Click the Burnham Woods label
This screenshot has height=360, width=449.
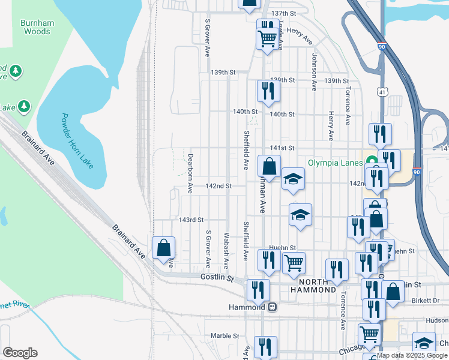(x=37, y=27)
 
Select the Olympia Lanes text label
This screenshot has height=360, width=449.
(x=335, y=163)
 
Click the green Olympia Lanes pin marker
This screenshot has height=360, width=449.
(x=372, y=162)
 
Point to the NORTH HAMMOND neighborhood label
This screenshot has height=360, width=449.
(x=313, y=286)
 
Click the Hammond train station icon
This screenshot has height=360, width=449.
(x=272, y=307)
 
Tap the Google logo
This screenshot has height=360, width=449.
(x=20, y=353)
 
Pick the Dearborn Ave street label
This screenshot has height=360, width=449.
(x=190, y=175)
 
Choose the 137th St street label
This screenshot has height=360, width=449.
(x=284, y=13)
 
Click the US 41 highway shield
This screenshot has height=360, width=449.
(x=383, y=92)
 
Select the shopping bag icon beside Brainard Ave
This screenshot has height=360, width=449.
(x=163, y=247)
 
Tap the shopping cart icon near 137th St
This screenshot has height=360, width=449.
(x=268, y=38)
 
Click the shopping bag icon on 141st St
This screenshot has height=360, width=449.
(x=270, y=166)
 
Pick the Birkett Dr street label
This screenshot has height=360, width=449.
(x=427, y=300)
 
